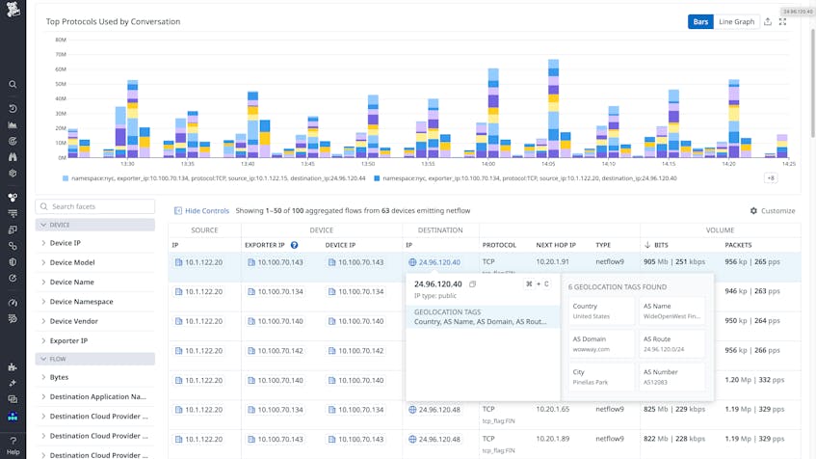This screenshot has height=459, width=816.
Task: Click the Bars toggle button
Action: pyautogui.click(x=700, y=21)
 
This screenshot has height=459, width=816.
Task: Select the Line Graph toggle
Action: pyautogui.click(x=736, y=21)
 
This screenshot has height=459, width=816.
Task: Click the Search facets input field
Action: pyautogui.click(x=95, y=206)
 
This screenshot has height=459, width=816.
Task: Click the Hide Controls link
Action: pyautogui.click(x=201, y=210)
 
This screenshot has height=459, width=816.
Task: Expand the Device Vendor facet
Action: pyautogui.click(x=73, y=321)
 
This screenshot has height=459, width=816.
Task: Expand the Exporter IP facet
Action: pyautogui.click(x=68, y=340)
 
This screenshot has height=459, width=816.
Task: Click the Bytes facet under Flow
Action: pyautogui.click(x=59, y=377)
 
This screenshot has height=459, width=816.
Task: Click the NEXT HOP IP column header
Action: pyautogui.click(x=556, y=245)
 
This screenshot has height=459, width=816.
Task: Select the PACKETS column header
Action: pyautogui.click(x=738, y=245)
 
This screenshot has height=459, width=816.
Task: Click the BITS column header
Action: pyautogui.click(x=660, y=245)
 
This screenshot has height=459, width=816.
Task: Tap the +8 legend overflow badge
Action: pyautogui.click(x=770, y=178)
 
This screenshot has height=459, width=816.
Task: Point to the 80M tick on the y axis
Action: pyautogui.click(x=61, y=40)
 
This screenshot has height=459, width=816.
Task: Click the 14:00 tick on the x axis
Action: pyautogui.click(x=488, y=164)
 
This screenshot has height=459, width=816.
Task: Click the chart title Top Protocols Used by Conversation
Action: pyautogui.click(x=113, y=21)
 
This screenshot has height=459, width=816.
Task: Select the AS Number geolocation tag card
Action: pyautogui.click(x=672, y=377)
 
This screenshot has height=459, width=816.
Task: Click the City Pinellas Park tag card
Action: pyautogui.click(x=601, y=377)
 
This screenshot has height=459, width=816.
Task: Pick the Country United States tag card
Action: pyautogui.click(x=601, y=311)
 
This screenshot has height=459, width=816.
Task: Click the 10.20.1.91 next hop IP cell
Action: pyautogui.click(x=552, y=262)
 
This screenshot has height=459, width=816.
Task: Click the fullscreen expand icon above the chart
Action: pyautogui.click(x=782, y=21)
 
